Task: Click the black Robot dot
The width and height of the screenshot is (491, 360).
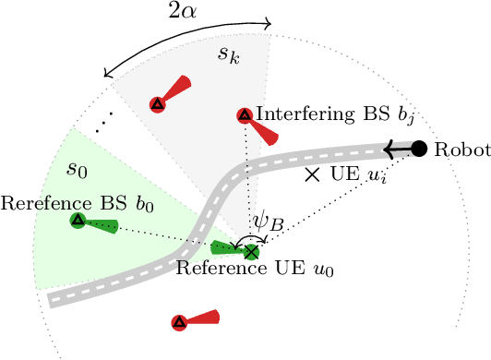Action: (418, 148)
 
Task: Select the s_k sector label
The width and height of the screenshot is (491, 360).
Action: (228, 55)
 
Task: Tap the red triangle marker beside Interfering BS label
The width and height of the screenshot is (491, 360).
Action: (245, 115)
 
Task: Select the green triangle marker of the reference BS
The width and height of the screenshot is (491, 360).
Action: (78, 221)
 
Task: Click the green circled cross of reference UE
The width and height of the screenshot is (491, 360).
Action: (249, 250)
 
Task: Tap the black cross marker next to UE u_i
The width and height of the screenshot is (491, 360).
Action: (313, 174)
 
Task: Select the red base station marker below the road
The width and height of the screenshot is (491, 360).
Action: (179, 322)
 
